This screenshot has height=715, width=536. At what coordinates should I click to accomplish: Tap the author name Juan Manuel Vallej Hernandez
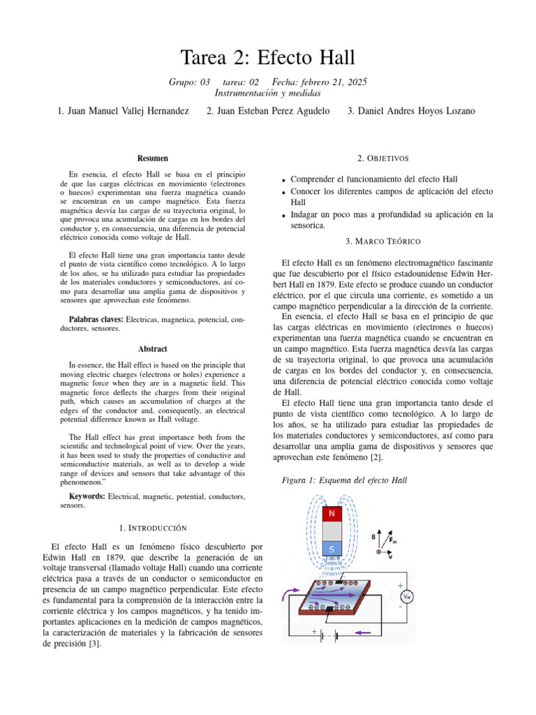pyautogui.click(x=123, y=111)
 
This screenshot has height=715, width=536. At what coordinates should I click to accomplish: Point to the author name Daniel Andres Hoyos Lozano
pyautogui.click(x=411, y=111)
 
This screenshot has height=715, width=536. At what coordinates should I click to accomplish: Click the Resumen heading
pyautogui.click(x=152, y=159)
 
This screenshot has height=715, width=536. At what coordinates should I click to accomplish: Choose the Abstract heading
pyautogui.click(x=152, y=348)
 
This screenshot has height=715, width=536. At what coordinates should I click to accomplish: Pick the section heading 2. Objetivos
pyautogui.click(x=383, y=159)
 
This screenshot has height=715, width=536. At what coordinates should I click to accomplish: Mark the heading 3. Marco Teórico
pyautogui.click(x=383, y=241)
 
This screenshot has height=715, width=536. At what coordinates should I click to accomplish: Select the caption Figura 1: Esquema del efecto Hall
pyautogui.click(x=343, y=480)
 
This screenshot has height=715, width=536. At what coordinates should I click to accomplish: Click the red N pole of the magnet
pyautogui.click(x=332, y=514)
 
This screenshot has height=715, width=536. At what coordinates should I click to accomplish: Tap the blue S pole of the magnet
pyautogui.click(x=332, y=549)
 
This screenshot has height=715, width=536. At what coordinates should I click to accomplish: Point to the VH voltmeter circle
pyautogui.click(x=405, y=596)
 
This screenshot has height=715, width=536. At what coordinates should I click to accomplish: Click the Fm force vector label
pyautogui.click(x=392, y=539)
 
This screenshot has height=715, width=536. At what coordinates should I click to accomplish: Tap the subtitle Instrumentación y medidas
pyautogui.click(x=268, y=92)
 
